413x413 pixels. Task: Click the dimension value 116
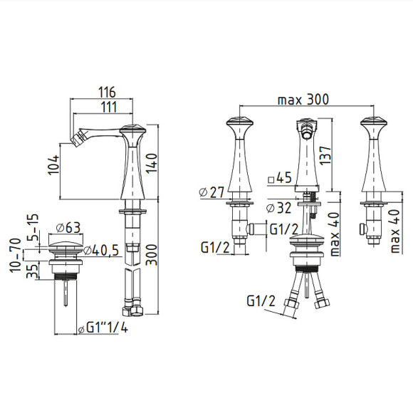tap(107, 92)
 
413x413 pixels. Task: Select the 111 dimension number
tap(108, 108)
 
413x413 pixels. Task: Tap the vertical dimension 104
tap(53, 165)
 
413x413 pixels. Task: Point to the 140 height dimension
tap(152, 163)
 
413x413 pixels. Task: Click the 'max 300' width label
tap(303, 100)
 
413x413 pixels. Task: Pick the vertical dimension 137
tap(325, 155)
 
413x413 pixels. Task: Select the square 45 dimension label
tap(280, 178)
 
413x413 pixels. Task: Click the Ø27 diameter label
tap(211, 192)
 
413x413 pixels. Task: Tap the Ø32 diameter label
tap(278, 208)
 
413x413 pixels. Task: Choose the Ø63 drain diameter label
tap(68, 228)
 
